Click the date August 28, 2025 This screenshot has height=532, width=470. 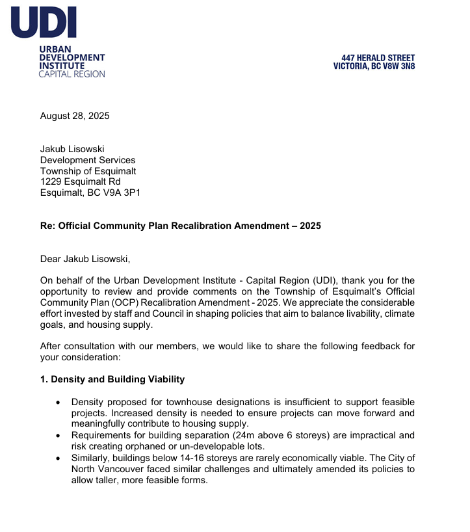click(75, 116)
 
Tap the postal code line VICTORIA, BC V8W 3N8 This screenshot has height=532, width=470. click(374, 66)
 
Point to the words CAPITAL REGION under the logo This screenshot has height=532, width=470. click(72, 74)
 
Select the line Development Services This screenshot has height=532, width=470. click(88, 160)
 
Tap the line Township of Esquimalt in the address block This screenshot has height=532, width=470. click(88, 171)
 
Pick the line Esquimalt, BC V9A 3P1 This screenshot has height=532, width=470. click(90, 193)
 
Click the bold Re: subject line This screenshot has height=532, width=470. click(181, 226)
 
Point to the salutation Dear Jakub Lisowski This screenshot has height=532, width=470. click(85, 259)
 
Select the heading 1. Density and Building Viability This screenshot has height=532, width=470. click(112, 379)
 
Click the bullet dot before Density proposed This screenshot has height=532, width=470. click(59, 403)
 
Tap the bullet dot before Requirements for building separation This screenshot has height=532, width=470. click(59, 435)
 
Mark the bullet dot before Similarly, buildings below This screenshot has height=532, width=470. click(59, 457)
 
